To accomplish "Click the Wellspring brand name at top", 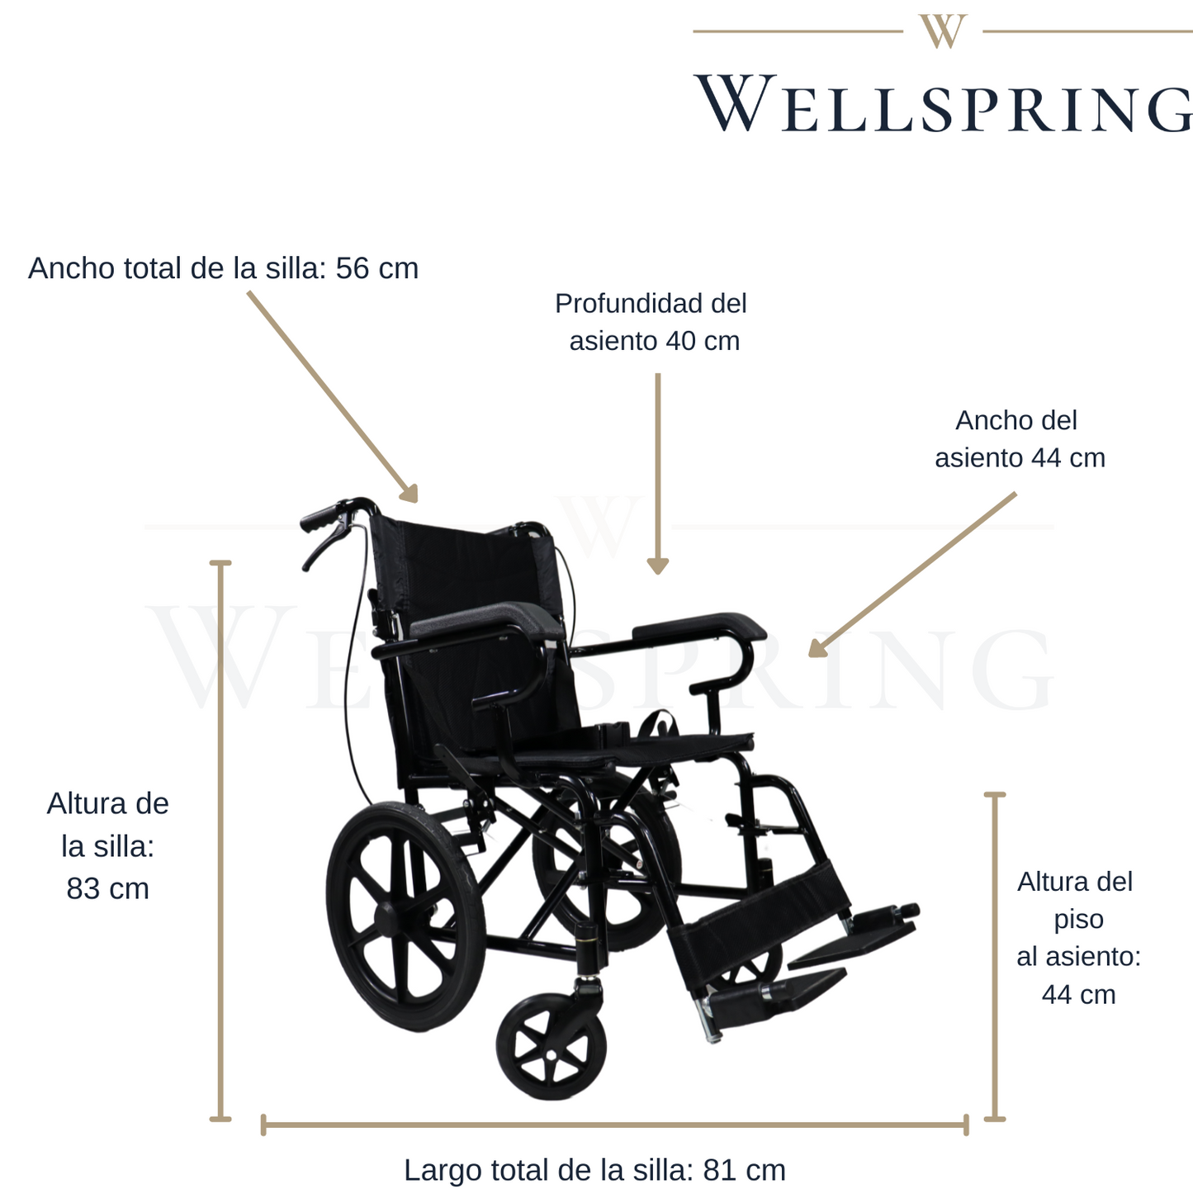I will click(x=944, y=104).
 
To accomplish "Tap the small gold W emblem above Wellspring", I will click(x=942, y=31).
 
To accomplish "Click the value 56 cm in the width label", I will click(x=376, y=268).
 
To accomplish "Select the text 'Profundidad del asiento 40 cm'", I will click(x=652, y=322).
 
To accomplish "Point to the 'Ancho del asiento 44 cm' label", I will click(x=1019, y=439).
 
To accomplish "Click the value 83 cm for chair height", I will click(x=107, y=888).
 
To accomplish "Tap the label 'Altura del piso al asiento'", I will click(x=1077, y=919).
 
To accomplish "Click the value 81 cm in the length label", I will click(x=744, y=1170).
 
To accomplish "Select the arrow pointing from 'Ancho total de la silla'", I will click(x=332, y=396).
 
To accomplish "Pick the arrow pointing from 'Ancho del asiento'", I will click(x=913, y=575).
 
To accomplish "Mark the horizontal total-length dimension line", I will click(x=614, y=1124).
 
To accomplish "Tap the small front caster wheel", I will click(x=552, y=1047).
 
